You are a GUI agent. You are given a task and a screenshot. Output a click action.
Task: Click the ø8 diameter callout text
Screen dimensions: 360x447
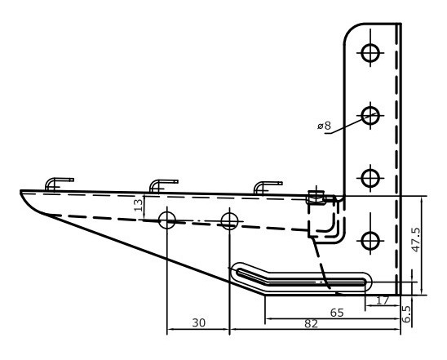tap(324, 126)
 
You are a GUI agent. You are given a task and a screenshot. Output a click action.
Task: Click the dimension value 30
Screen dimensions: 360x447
tap(198, 324)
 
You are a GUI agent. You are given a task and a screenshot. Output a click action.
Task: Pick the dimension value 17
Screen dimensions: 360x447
tap(383, 300)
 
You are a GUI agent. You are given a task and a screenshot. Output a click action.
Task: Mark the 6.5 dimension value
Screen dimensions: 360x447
tap(409, 313)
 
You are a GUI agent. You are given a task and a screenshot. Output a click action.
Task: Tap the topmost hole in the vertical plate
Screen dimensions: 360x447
tap(371, 52)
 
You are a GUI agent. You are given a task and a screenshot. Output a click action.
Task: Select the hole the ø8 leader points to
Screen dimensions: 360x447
tap(371, 115)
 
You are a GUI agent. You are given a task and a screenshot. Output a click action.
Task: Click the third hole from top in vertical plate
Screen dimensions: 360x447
tap(371, 177)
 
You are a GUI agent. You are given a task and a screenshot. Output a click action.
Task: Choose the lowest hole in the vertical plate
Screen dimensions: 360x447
tap(371, 240)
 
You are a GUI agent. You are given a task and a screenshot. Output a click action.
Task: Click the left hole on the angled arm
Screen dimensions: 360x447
tap(167, 220)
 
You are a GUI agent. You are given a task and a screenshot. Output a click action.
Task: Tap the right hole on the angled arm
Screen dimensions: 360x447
tap(230, 220)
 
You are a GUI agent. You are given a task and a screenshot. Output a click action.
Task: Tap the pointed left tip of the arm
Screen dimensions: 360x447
tap(22, 193)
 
